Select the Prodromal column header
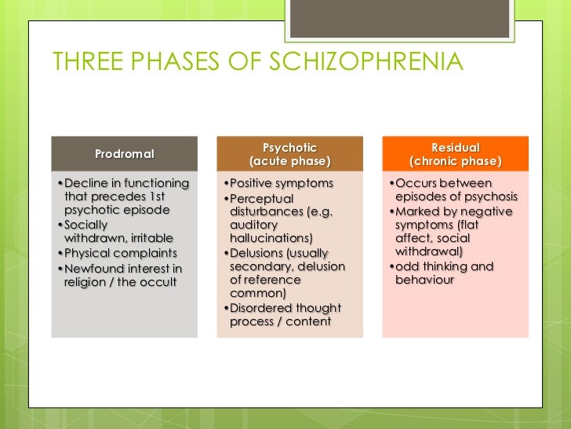pyautogui.click(x=125, y=154)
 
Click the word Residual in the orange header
pyautogui.click(x=455, y=148)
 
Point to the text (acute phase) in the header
pyautogui.click(x=289, y=162)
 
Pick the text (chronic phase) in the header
pyautogui.click(x=455, y=162)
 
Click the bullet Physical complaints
pyautogui.click(x=120, y=254)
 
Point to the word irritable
pyautogui.click(x=148, y=238)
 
